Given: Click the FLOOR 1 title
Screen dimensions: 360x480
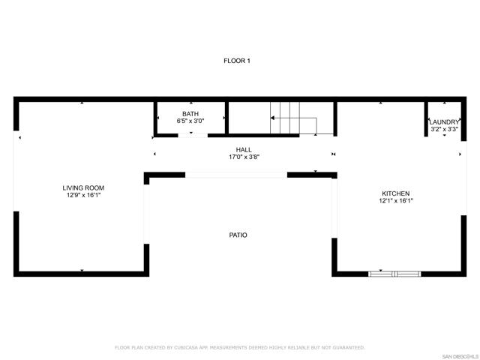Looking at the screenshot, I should [237, 60].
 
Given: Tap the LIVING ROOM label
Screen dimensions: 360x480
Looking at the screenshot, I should [83, 187].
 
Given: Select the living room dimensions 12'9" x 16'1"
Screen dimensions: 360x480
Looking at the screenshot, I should [83, 195].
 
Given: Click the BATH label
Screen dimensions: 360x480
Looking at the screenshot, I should [190, 113].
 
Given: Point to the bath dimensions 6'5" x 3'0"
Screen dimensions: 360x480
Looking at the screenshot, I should [190, 121].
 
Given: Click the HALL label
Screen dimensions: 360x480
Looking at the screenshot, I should [244, 150].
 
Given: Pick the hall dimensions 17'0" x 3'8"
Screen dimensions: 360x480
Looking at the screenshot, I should [244, 157].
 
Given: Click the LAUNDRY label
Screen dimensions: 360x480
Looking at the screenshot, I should [444, 121].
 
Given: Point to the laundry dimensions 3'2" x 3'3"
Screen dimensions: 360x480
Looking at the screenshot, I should [444, 129].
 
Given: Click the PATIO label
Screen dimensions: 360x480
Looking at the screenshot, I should [238, 235].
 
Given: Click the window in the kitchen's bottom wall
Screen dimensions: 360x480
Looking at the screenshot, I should [394, 274].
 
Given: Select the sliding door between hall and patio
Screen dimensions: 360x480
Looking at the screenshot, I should [236, 175].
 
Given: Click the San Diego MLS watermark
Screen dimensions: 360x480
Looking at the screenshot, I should [458, 355].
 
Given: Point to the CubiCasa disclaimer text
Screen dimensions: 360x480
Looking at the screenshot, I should [240, 347].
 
